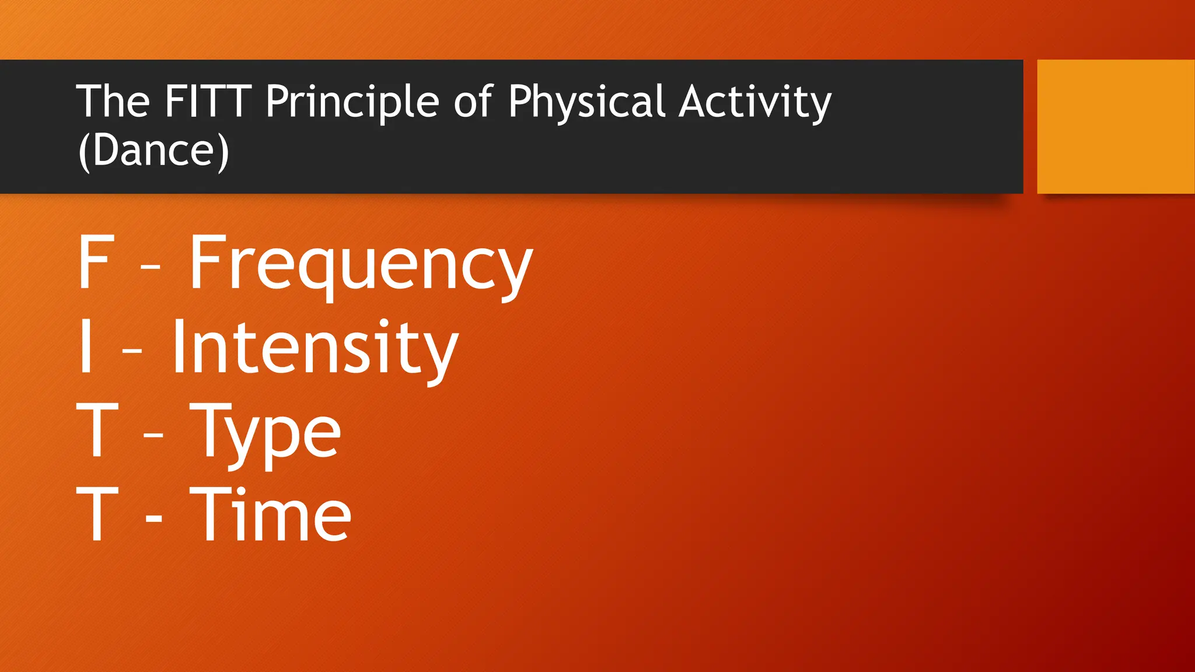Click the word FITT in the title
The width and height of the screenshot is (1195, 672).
(208, 101)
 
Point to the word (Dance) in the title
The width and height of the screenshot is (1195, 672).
(153, 150)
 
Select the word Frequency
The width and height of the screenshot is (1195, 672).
(361, 264)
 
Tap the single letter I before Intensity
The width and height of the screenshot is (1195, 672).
(86, 346)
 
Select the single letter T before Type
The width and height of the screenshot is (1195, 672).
(97, 430)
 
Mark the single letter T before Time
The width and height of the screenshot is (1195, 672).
(97, 513)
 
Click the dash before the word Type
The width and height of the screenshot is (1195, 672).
(153, 435)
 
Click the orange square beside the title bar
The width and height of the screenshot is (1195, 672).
(1115, 127)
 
